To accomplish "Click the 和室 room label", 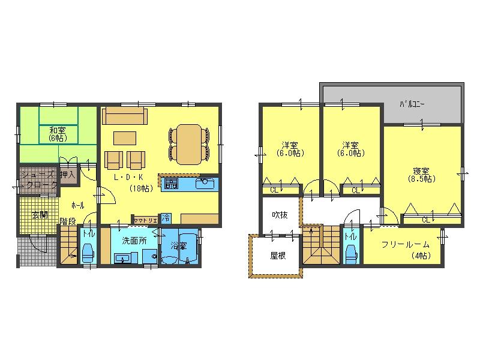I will tap(57, 130).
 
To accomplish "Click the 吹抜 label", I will tap(280, 214).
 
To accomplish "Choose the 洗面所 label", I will tap(133, 241).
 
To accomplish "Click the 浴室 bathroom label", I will tap(178, 245).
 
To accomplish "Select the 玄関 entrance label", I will tap(40, 215).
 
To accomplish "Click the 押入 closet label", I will tap(67, 175).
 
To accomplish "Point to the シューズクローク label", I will tap(39, 179).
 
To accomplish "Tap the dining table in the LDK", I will tap(190, 143).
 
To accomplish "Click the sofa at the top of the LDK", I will tap(124, 116).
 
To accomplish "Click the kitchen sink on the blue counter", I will tap(206, 182).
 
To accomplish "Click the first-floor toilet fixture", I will tap(88, 253).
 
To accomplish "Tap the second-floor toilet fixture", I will tap(350, 254).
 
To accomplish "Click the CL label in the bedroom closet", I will tap(426, 220).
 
